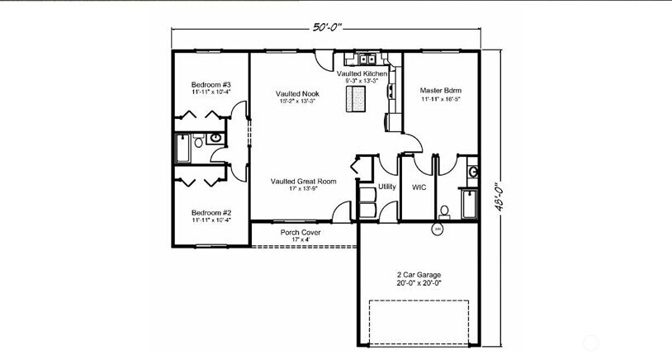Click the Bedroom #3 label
pos(211,85)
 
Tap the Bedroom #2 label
pos(211,211)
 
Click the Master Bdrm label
pos(440,90)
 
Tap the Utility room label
pos(387,187)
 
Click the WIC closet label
pos(419,187)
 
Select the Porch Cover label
pos(301,233)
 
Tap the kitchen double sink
pos(367,59)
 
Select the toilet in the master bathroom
pos(443,211)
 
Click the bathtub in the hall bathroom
pos(182,150)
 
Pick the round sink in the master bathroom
pos(472,172)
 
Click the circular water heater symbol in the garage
pos(438,231)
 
